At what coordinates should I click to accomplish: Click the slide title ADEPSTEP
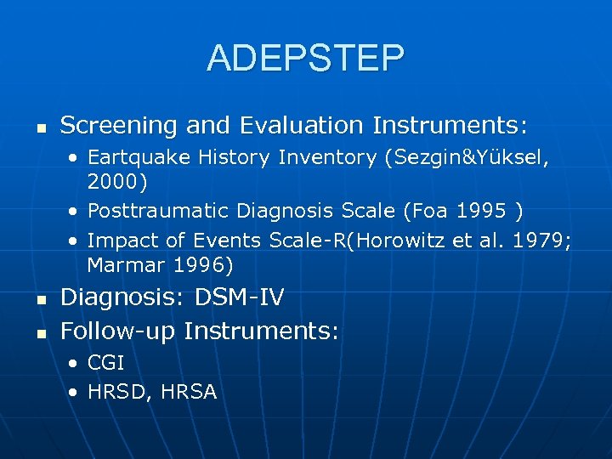coord(305,58)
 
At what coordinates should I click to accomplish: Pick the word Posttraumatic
coord(159,210)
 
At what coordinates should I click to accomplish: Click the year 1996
coord(198,264)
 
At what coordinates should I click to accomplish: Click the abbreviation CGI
coord(106,363)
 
